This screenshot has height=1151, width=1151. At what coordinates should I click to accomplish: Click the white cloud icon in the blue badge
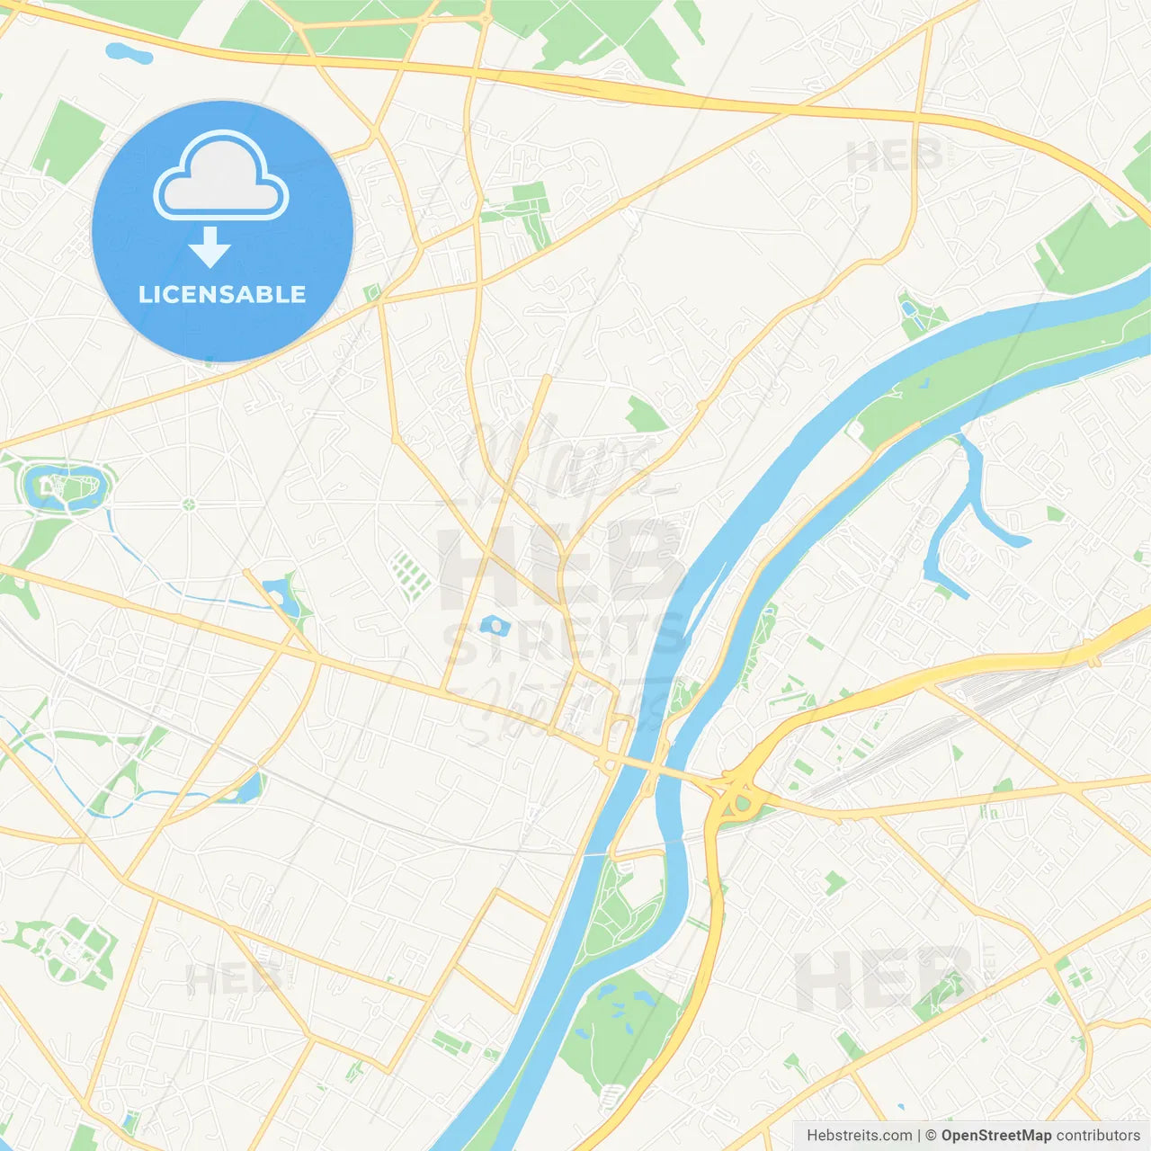pos(221,177)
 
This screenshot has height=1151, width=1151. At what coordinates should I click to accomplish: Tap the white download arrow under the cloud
pos(210,247)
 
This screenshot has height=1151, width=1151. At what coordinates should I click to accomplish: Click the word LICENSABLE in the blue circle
pos(222,295)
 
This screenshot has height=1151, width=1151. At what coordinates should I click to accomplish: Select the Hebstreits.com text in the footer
pos(859,1136)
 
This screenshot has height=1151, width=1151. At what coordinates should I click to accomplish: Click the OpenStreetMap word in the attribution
pos(995,1136)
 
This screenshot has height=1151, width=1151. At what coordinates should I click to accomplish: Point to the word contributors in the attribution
pos(1098,1136)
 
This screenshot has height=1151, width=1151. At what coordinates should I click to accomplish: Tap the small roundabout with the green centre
pos(189,504)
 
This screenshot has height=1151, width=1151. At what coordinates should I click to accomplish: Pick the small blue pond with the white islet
pos(494,626)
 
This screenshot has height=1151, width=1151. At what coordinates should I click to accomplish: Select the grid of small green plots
pos(411,575)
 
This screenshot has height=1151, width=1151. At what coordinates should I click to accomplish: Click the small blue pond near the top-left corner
pos(129,53)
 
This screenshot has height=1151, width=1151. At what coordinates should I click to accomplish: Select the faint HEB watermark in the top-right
pos(895,157)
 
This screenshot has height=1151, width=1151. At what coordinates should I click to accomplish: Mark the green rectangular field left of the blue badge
pos(68,139)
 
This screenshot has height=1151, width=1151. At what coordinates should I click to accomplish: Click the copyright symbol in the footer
pos(931,1136)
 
